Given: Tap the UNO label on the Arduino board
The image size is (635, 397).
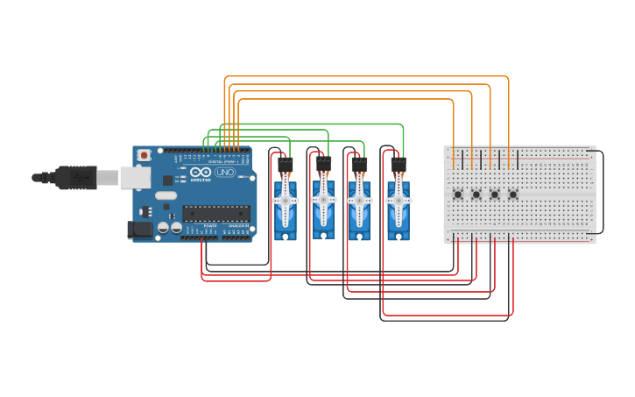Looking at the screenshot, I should click(225, 173).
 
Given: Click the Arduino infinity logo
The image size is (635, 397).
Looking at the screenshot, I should click(201, 172).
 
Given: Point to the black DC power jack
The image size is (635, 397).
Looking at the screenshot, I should click(139, 230).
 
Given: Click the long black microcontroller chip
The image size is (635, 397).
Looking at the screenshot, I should click(215, 213).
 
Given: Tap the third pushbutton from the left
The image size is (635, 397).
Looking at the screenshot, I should click(495, 195).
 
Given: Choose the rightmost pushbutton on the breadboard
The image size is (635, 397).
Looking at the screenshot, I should click(513, 195).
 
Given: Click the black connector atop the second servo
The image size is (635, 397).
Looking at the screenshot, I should click(323, 163).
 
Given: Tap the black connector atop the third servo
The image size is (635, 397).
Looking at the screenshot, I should click(359, 163).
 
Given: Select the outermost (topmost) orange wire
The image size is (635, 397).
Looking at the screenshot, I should click(368, 77).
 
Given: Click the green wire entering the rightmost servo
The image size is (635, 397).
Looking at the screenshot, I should click(402, 140).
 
